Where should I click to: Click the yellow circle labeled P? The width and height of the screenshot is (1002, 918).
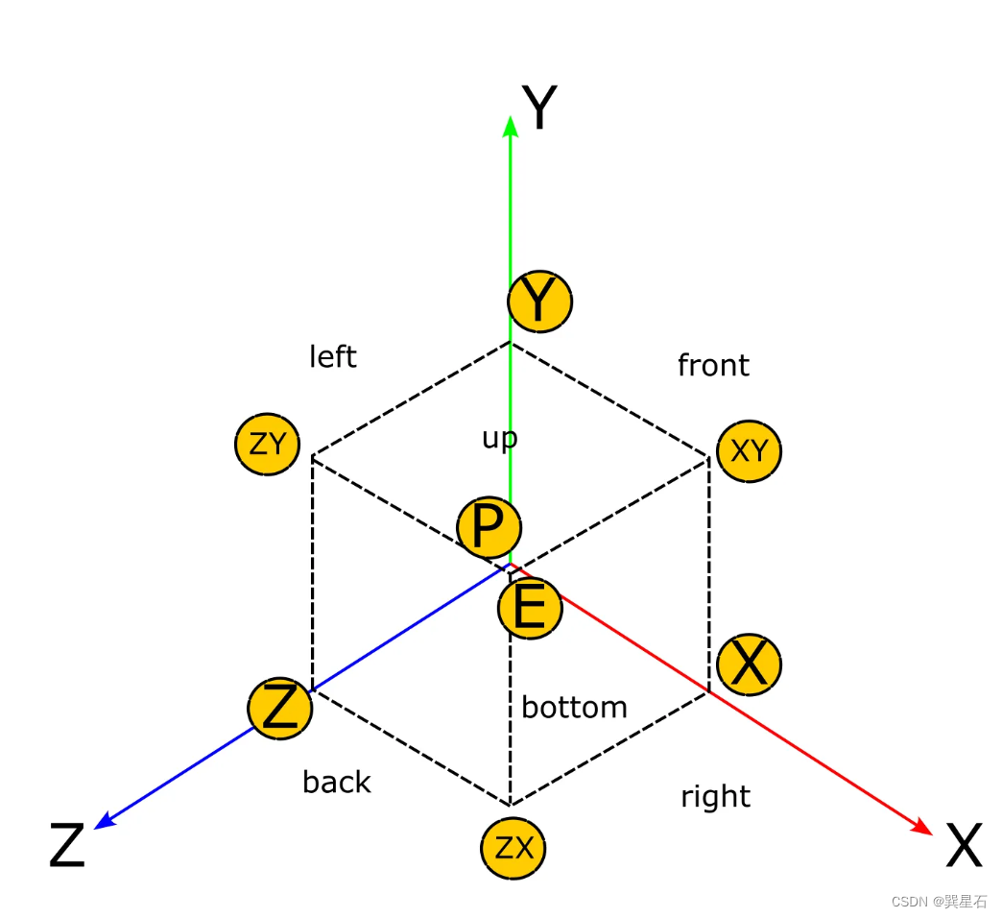point(489,527)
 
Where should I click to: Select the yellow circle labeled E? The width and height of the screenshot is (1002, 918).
point(530,608)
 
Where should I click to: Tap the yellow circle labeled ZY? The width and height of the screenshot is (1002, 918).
point(268,445)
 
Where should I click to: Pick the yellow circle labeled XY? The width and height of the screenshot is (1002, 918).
point(750,450)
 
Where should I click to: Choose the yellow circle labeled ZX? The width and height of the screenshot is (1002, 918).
point(513,848)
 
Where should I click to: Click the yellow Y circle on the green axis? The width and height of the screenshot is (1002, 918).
point(540,302)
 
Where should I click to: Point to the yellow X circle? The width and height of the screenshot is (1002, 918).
point(750,664)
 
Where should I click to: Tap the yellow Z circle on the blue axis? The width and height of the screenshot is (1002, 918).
point(280,709)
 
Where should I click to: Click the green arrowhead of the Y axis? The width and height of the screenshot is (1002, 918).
point(511,126)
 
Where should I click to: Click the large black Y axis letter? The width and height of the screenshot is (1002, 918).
point(539,108)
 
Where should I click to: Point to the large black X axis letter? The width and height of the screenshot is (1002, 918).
point(964,846)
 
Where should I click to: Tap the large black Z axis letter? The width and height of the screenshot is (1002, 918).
point(67,846)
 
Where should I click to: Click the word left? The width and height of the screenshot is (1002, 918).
point(333,356)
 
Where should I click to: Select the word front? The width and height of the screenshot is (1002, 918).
point(713,365)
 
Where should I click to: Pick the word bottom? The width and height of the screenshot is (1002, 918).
point(574,708)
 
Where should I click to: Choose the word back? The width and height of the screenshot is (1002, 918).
point(336,782)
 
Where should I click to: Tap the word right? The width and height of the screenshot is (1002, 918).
point(715,796)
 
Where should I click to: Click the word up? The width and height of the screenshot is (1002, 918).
point(499,439)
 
